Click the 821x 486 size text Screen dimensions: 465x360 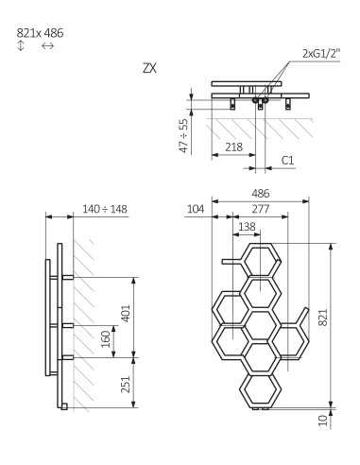tap(39, 32)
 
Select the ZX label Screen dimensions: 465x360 tap(148, 69)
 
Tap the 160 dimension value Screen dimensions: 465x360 tap(105, 338)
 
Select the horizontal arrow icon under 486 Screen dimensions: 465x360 tap(48, 45)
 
